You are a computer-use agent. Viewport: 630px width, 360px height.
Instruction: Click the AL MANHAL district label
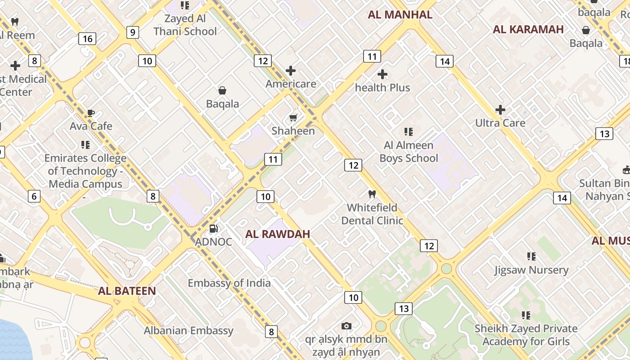[400, 15]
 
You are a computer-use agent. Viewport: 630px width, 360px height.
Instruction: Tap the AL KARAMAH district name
[528, 30]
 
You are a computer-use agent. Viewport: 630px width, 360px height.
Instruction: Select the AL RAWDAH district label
[278, 234]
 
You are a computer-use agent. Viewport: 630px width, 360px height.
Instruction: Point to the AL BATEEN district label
[127, 291]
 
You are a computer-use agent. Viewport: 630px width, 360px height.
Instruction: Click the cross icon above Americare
[291, 71]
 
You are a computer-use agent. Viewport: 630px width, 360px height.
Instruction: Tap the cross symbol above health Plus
[382, 74]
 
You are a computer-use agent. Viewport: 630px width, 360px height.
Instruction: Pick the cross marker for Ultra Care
[500, 110]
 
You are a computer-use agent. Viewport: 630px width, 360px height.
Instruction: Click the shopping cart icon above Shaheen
[293, 117]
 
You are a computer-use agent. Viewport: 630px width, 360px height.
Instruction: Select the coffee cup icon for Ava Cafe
[91, 113]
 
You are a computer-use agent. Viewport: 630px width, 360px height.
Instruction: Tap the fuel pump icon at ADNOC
[214, 229]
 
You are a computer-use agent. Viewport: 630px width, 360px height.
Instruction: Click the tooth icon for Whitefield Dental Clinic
[372, 194]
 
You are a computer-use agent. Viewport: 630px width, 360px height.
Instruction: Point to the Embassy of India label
[229, 283]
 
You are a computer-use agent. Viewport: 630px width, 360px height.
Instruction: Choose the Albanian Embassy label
[189, 331]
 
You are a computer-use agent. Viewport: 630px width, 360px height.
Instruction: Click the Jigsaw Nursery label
[531, 270]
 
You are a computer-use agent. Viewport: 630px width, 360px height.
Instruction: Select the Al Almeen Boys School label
[409, 152]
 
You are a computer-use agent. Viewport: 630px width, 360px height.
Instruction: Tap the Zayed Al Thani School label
[185, 25]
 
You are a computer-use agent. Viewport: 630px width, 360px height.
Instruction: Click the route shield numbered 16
[88, 39]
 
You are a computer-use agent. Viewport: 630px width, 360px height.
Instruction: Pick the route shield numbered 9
[132, 32]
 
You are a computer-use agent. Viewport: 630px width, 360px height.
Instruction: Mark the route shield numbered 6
[34, 196]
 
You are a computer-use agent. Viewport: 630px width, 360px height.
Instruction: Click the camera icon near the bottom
[346, 326]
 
